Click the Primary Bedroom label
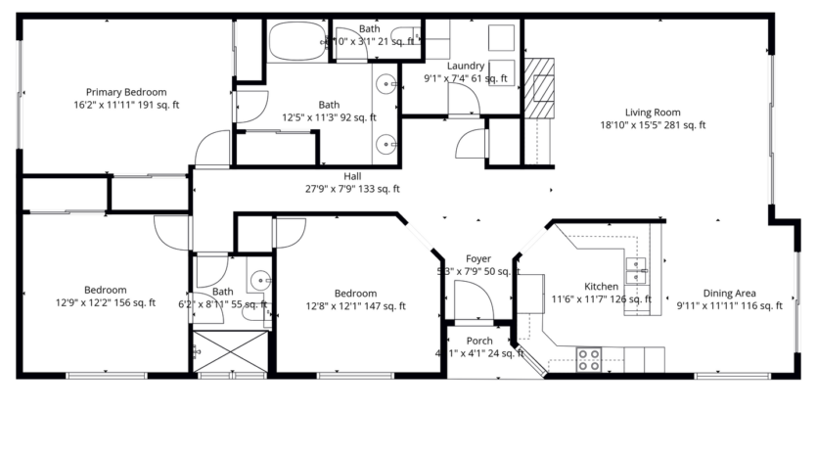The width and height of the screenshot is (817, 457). click(125, 92)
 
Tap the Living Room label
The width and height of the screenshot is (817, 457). click(653, 113)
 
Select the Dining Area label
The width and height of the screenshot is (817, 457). click(730, 294)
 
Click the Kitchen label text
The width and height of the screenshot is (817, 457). click(601, 287)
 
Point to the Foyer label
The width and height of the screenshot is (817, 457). click(477, 259)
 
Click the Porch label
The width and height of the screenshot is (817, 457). click(479, 341)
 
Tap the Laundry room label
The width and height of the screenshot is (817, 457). click(465, 67)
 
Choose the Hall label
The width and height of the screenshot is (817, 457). click(352, 176)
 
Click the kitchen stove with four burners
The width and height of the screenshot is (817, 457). click(588, 359)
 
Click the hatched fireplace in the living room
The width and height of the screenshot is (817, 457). click(539, 86)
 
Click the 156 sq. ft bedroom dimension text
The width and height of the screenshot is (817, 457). click(105, 303)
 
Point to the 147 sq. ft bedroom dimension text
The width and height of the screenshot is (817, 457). click(355, 306)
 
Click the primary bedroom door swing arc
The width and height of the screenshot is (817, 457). click(210, 150)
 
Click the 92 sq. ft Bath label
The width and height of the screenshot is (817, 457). click(328, 105)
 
